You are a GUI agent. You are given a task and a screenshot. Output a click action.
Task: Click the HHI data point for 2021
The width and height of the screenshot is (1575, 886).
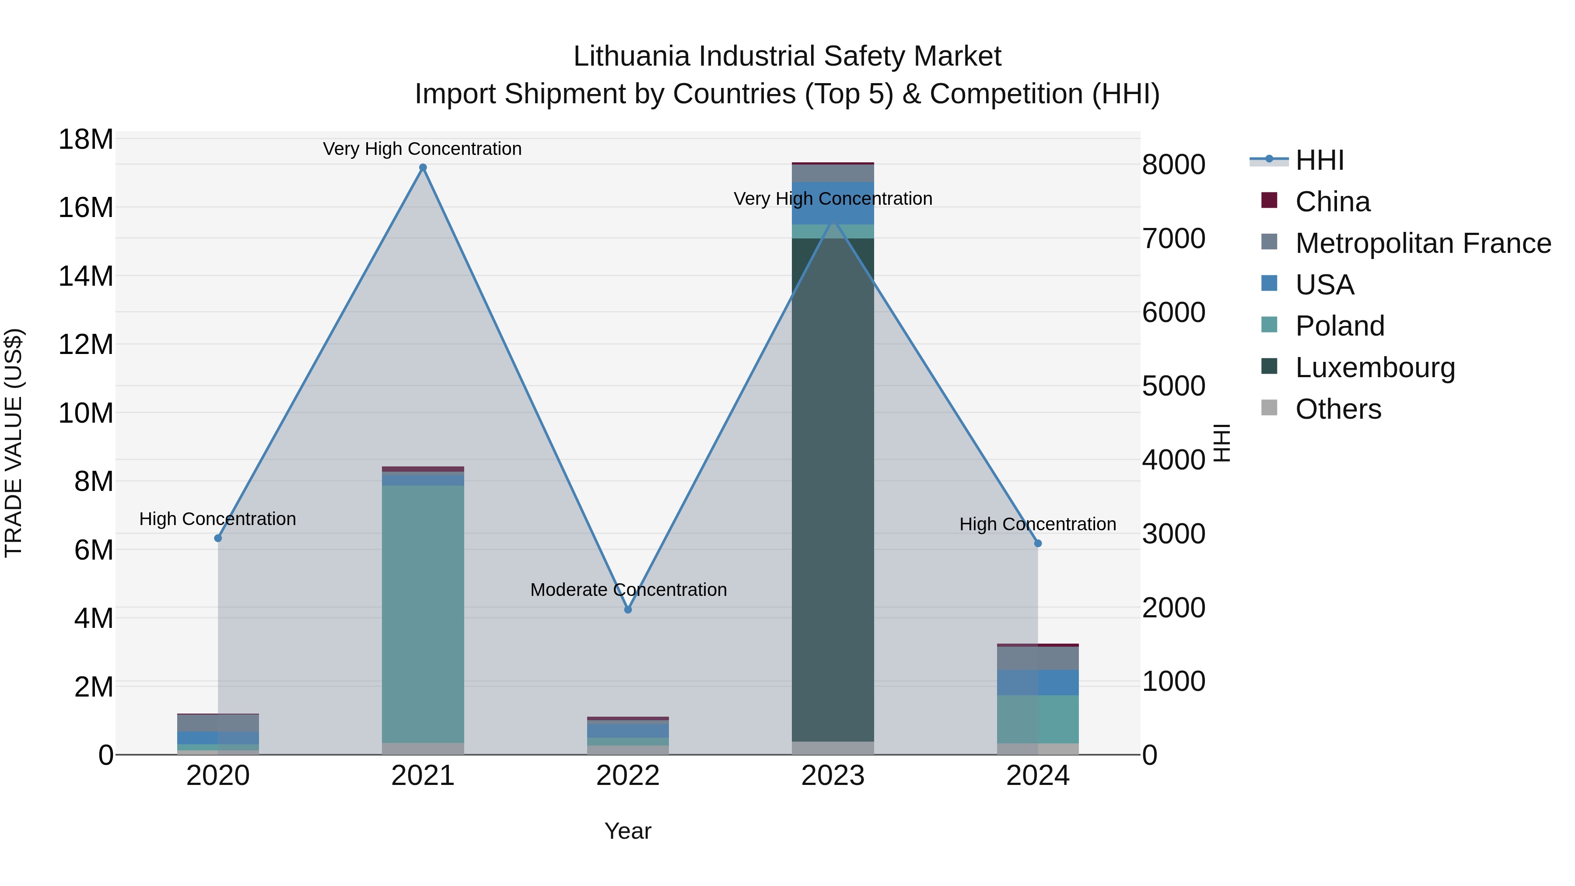pos(423,168)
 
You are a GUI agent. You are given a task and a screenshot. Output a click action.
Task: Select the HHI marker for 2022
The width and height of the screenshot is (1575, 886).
pos(628,609)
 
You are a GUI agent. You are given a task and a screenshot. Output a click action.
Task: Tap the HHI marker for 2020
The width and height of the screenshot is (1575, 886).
pos(218,538)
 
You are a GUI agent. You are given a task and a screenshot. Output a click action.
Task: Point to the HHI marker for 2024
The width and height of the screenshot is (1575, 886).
pos(1038,543)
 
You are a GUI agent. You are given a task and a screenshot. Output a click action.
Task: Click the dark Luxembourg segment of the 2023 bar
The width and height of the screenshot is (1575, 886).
pos(833,489)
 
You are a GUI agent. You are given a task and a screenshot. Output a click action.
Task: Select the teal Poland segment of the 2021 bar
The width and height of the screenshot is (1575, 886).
pos(423,612)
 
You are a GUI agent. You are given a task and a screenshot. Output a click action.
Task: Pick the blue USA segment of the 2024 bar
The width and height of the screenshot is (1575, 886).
pos(1038,683)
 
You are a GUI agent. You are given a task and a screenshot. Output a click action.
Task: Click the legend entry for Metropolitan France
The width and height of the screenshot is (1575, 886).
pos(1423,243)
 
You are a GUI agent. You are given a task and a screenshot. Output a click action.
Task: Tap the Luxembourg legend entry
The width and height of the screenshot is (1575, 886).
pos(1375,368)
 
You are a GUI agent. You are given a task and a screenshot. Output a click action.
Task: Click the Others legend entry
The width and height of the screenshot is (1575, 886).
pos(1338,409)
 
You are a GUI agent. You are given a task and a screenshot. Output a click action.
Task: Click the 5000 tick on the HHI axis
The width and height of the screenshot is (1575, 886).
pos(1173,386)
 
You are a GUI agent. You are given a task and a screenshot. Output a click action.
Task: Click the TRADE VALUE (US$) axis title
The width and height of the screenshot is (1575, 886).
pos(14,443)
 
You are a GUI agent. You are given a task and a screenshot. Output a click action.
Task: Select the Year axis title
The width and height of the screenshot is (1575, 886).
pos(628,831)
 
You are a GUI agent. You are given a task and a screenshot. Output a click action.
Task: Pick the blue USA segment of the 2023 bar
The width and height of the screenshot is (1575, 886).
pos(833,203)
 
